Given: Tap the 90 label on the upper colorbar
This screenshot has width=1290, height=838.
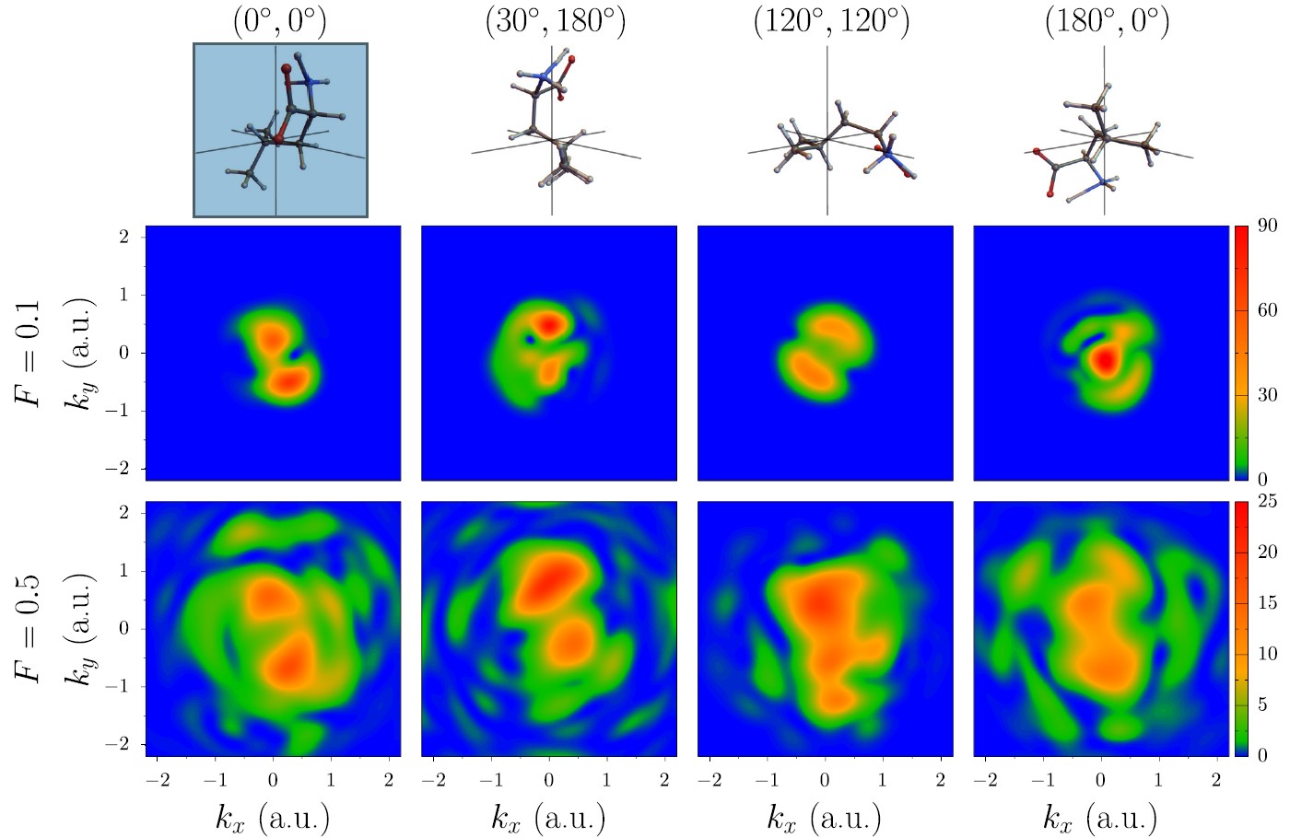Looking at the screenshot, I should tap(1267, 227).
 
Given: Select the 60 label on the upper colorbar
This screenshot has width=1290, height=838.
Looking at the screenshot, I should tap(1267, 310).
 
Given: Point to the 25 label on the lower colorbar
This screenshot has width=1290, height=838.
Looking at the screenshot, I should tap(1267, 502).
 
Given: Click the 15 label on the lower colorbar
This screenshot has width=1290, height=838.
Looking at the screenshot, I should tap(1267, 603).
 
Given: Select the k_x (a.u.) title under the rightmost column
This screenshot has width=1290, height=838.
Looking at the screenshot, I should tap(1100, 818).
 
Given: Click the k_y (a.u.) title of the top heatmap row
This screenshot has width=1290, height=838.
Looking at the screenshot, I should tap(82, 353).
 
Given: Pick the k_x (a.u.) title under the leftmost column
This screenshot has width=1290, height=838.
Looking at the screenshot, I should tap(273, 818).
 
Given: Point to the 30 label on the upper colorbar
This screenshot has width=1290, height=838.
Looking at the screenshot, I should tap(1267, 395).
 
